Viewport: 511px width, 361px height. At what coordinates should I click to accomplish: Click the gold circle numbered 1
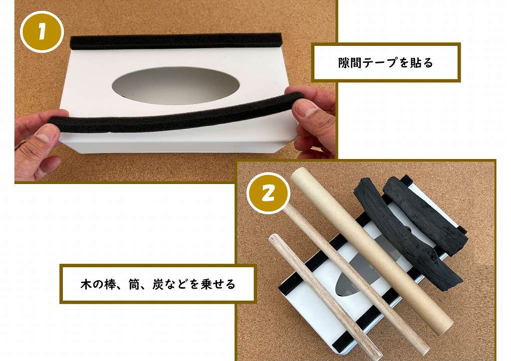pyautogui.click(x=42, y=32)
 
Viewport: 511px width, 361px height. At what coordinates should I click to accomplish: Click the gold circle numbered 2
pyautogui.click(x=268, y=193)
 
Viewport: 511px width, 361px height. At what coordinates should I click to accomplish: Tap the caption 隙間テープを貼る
pyautogui.click(x=386, y=62)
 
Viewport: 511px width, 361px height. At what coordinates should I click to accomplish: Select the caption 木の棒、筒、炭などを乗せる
pyautogui.click(x=158, y=284)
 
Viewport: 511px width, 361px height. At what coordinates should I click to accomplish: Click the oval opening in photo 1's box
pyautogui.click(x=176, y=86)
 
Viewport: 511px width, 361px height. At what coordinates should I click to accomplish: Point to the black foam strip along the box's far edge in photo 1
pyautogui.click(x=176, y=41)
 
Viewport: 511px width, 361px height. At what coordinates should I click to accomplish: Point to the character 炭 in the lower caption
pyautogui.click(x=158, y=284)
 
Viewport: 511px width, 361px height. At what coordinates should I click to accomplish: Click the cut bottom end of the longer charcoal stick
pyautogui.click(x=454, y=282)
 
